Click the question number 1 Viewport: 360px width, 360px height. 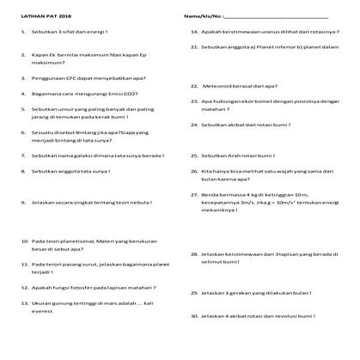[x=21, y=32]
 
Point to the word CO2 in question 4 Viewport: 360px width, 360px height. [x=131, y=94]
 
